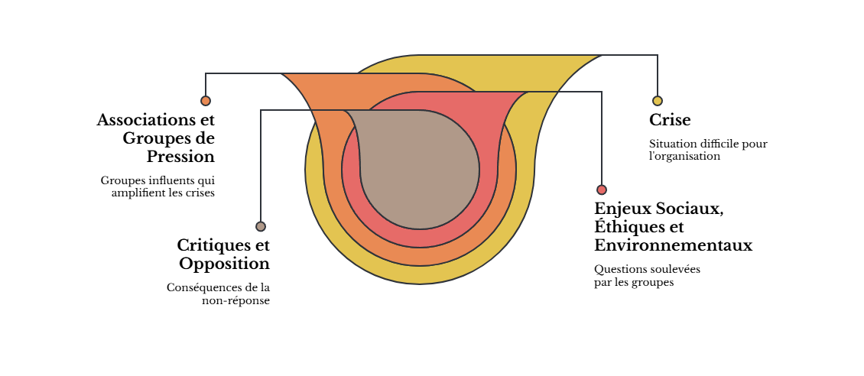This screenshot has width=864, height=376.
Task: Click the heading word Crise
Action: click(670, 120)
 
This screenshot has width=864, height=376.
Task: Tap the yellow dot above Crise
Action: click(658, 101)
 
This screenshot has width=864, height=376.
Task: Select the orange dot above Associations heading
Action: click(206, 101)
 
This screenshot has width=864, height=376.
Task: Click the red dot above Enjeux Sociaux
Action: click(602, 190)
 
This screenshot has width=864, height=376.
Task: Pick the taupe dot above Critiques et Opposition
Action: click(261, 226)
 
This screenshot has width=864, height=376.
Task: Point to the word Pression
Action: click(180, 157)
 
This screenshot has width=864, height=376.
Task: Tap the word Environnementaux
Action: click(674, 245)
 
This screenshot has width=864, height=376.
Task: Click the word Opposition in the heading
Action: click(224, 264)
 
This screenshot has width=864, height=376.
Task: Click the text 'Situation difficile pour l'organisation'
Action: click(708, 150)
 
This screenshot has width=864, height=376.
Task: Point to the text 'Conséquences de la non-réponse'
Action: click(218, 294)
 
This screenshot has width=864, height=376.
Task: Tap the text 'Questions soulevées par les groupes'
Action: click(648, 276)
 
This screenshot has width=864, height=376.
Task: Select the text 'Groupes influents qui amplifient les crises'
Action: click(158, 186)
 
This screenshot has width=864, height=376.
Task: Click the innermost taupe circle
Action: click(420, 170)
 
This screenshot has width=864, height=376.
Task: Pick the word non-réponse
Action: click(235, 300)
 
